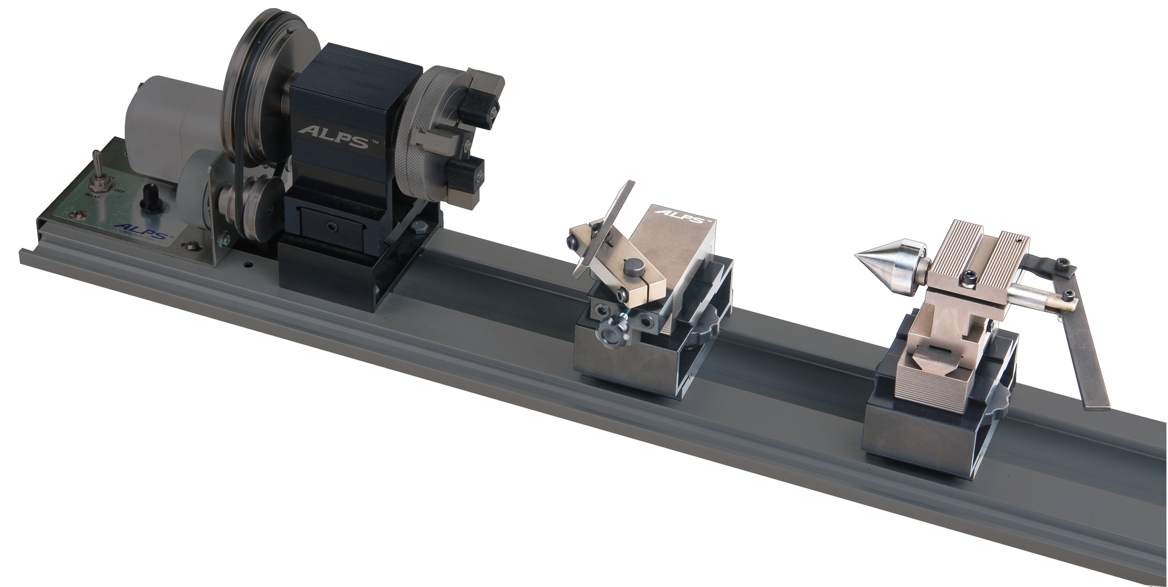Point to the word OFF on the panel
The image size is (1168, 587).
(119, 191)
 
